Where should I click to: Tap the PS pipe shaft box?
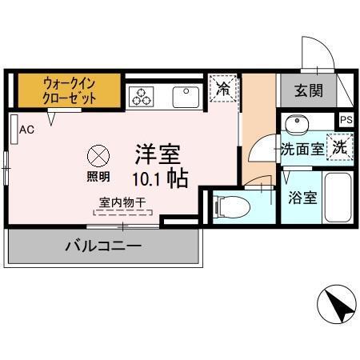(346, 120)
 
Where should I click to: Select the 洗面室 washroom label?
(302, 149)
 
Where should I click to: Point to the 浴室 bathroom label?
(304, 196)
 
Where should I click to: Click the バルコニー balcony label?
(102, 246)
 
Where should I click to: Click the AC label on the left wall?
(26, 129)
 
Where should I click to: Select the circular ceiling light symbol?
(98, 154)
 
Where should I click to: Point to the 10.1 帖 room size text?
(166, 178)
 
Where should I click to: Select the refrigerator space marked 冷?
(222, 90)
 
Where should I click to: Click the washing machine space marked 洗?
(340, 147)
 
